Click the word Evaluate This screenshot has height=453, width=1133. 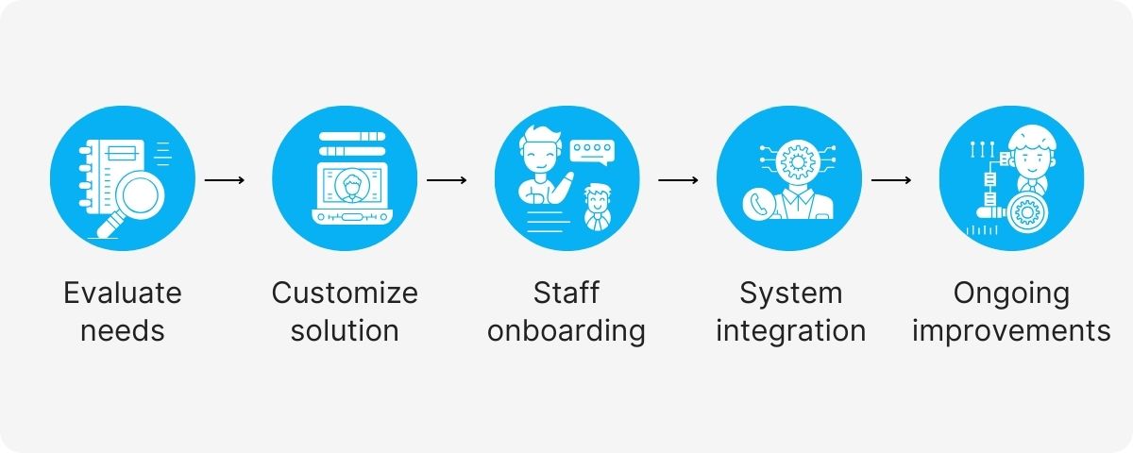[123, 293]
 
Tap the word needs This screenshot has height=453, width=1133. [123, 331]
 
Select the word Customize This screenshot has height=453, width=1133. [345, 293]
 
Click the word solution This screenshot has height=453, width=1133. [345, 331]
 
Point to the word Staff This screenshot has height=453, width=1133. [566, 293]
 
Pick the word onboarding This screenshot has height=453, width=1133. [566, 331]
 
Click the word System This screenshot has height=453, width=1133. [790, 293]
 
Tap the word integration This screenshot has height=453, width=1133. [790, 331]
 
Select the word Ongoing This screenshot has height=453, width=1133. [1011, 293]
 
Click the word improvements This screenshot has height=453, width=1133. [1011, 331]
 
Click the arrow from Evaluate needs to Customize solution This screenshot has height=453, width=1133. [225, 178]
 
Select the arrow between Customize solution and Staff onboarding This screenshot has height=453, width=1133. [447, 178]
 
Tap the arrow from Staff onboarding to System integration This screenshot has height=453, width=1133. [678, 178]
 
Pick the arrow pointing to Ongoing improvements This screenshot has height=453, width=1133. [890, 178]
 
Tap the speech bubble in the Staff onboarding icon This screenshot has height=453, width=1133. [592, 150]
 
